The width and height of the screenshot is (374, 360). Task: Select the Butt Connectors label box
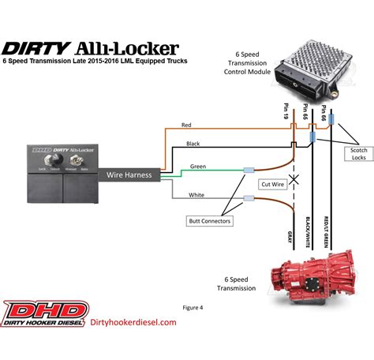tap(210, 222)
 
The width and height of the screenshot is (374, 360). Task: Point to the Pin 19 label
tap(286, 109)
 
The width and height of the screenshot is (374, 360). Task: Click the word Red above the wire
tap(186, 125)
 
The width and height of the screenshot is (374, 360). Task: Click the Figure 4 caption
tap(193, 306)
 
